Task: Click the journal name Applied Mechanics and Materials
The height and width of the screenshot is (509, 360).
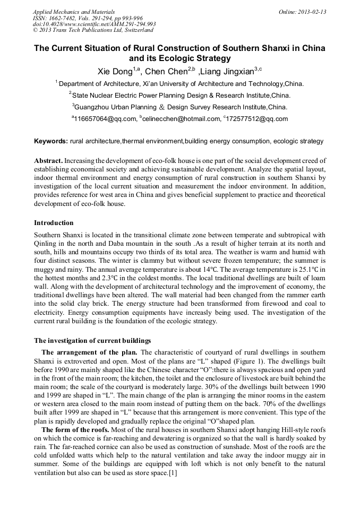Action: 67,11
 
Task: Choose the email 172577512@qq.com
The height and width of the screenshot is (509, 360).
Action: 257,119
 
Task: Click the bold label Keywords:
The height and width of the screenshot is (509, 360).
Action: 51,142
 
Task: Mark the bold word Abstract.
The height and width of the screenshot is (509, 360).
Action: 49,160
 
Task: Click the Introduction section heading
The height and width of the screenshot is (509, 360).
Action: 54,223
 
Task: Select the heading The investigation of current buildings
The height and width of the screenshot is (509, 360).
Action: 92,340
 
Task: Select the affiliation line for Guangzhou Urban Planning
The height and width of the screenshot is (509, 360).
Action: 179,107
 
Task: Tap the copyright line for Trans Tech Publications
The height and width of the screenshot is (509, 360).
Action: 87,30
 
